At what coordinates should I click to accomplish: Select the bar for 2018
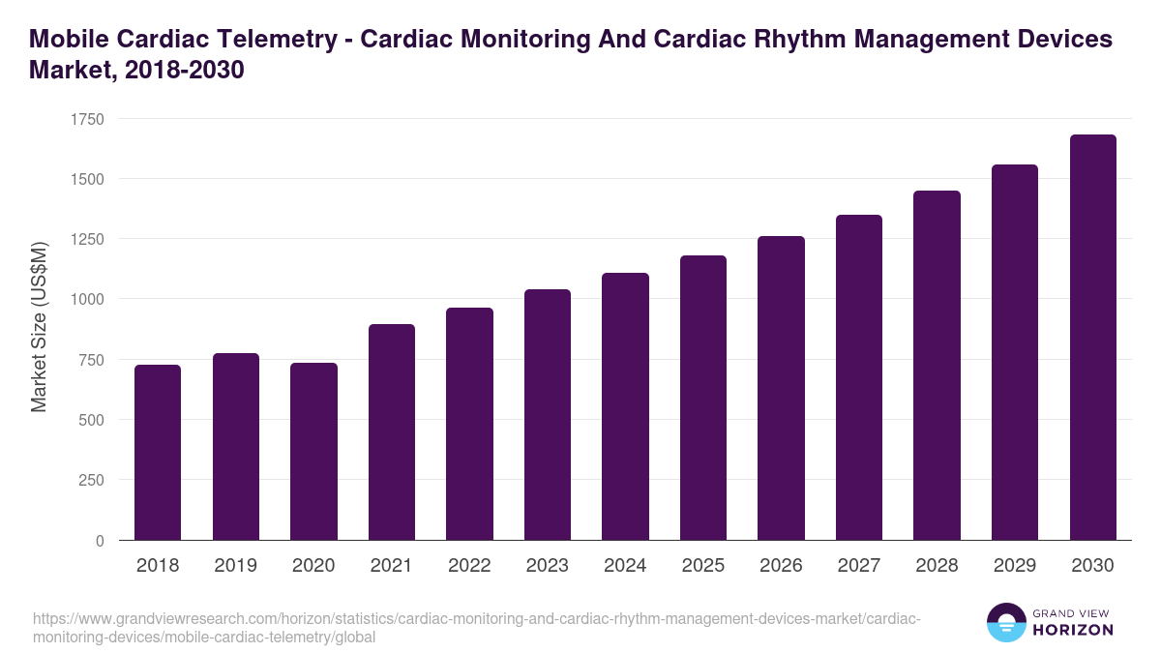click(x=158, y=452)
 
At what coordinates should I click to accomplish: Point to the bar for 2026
click(x=781, y=388)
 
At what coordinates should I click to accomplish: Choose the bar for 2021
click(x=391, y=431)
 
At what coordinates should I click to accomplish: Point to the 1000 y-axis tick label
click(x=87, y=300)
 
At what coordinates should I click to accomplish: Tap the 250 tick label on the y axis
click(x=91, y=481)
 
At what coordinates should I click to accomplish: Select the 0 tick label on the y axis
click(x=100, y=541)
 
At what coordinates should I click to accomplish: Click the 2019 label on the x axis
click(x=235, y=566)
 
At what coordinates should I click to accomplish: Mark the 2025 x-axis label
click(x=702, y=566)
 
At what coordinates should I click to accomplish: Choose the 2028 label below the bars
click(x=937, y=566)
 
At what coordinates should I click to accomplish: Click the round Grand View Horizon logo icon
click(x=1005, y=622)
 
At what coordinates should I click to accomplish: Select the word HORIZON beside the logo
click(x=1073, y=630)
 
